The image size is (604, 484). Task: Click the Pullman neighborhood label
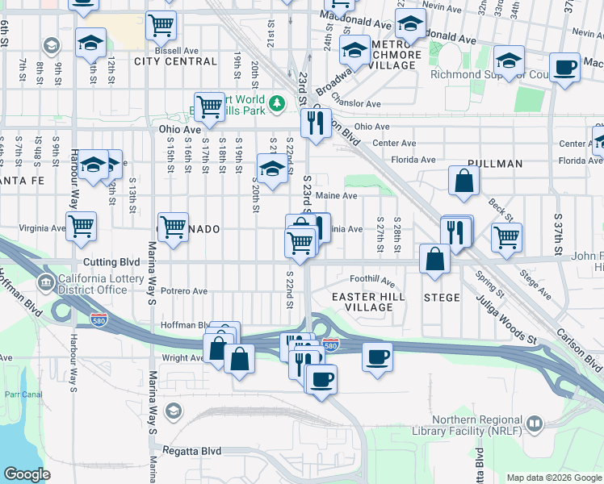488,164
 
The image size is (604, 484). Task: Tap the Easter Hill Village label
363,302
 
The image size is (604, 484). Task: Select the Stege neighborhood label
442,298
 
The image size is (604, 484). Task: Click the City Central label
175,61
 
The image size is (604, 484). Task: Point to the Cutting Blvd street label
111,263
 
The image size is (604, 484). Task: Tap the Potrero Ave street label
184,291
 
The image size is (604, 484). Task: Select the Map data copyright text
553,478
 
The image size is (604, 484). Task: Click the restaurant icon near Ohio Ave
314,123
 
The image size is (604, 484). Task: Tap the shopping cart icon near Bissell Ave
161,26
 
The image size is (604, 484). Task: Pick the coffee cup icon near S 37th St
564,67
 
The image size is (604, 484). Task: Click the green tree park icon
277,103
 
